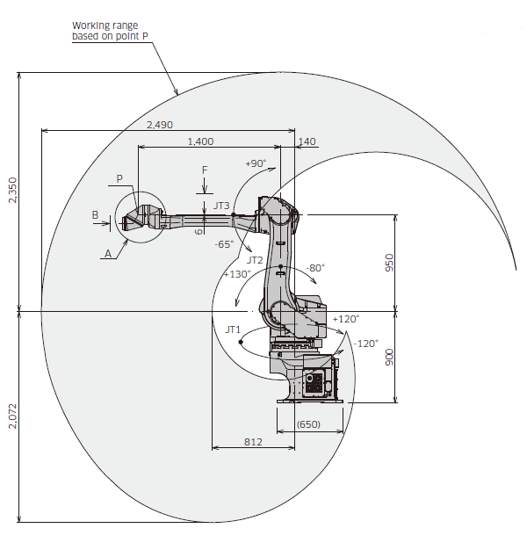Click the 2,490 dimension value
click(x=159, y=125)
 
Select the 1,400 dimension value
click(x=200, y=141)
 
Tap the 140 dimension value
click(x=307, y=141)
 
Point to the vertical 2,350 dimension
click(x=11, y=190)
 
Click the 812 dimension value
click(x=253, y=442)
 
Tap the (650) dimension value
click(x=308, y=424)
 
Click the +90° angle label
click(x=255, y=163)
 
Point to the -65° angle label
click(x=224, y=244)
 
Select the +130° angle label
click(x=237, y=273)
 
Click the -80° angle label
click(x=315, y=267)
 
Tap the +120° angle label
click(x=346, y=319)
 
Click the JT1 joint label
click(x=233, y=329)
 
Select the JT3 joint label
click(x=221, y=206)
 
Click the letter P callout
click(x=120, y=179)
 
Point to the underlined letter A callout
click(x=108, y=252)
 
